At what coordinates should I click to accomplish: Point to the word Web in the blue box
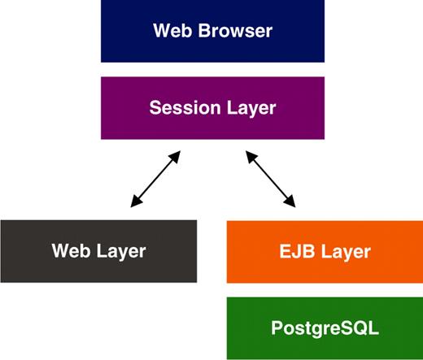pyautogui.click(x=171, y=32)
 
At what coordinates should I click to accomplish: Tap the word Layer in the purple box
pyautogui.click(x=250, y=107)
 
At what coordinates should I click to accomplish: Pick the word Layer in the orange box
pyautogui.click(x=345, y=251)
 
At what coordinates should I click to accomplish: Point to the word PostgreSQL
pyautogui.click(x=325, y=329)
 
